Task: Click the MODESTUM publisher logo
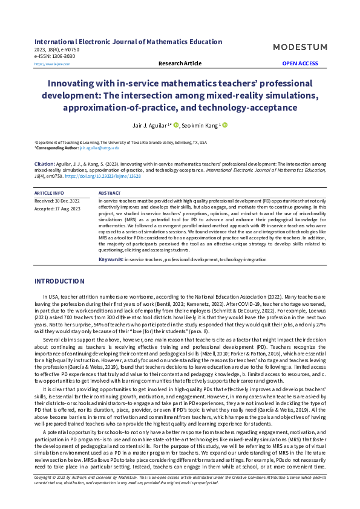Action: pyautogui.click(x=300, y=47)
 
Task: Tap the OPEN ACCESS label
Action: pyautogui.click(x=300, y=63)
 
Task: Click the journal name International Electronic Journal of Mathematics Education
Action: pyautogui.click(x=128, y=42)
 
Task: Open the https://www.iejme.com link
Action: pyautogui.click(x=48, y=63)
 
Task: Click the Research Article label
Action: pyautogui.click(x=180, y=63)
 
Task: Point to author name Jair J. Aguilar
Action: pyautogui.click(x=153, y=125)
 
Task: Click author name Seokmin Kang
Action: pyautogui.click(x=202, y=125)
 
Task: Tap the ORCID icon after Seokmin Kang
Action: pyautogui.click(x=225, y=125)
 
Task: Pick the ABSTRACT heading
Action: pyautogui.click(x=109, y=193)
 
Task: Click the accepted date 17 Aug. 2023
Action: pyautogui.click(x=71, y=208)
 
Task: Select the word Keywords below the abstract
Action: pyautogui.click(x=111, y=259)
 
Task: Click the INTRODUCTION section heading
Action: pyautogui.click(x=59, y=281)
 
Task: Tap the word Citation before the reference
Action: pyautogui.click(x=45, y=164)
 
